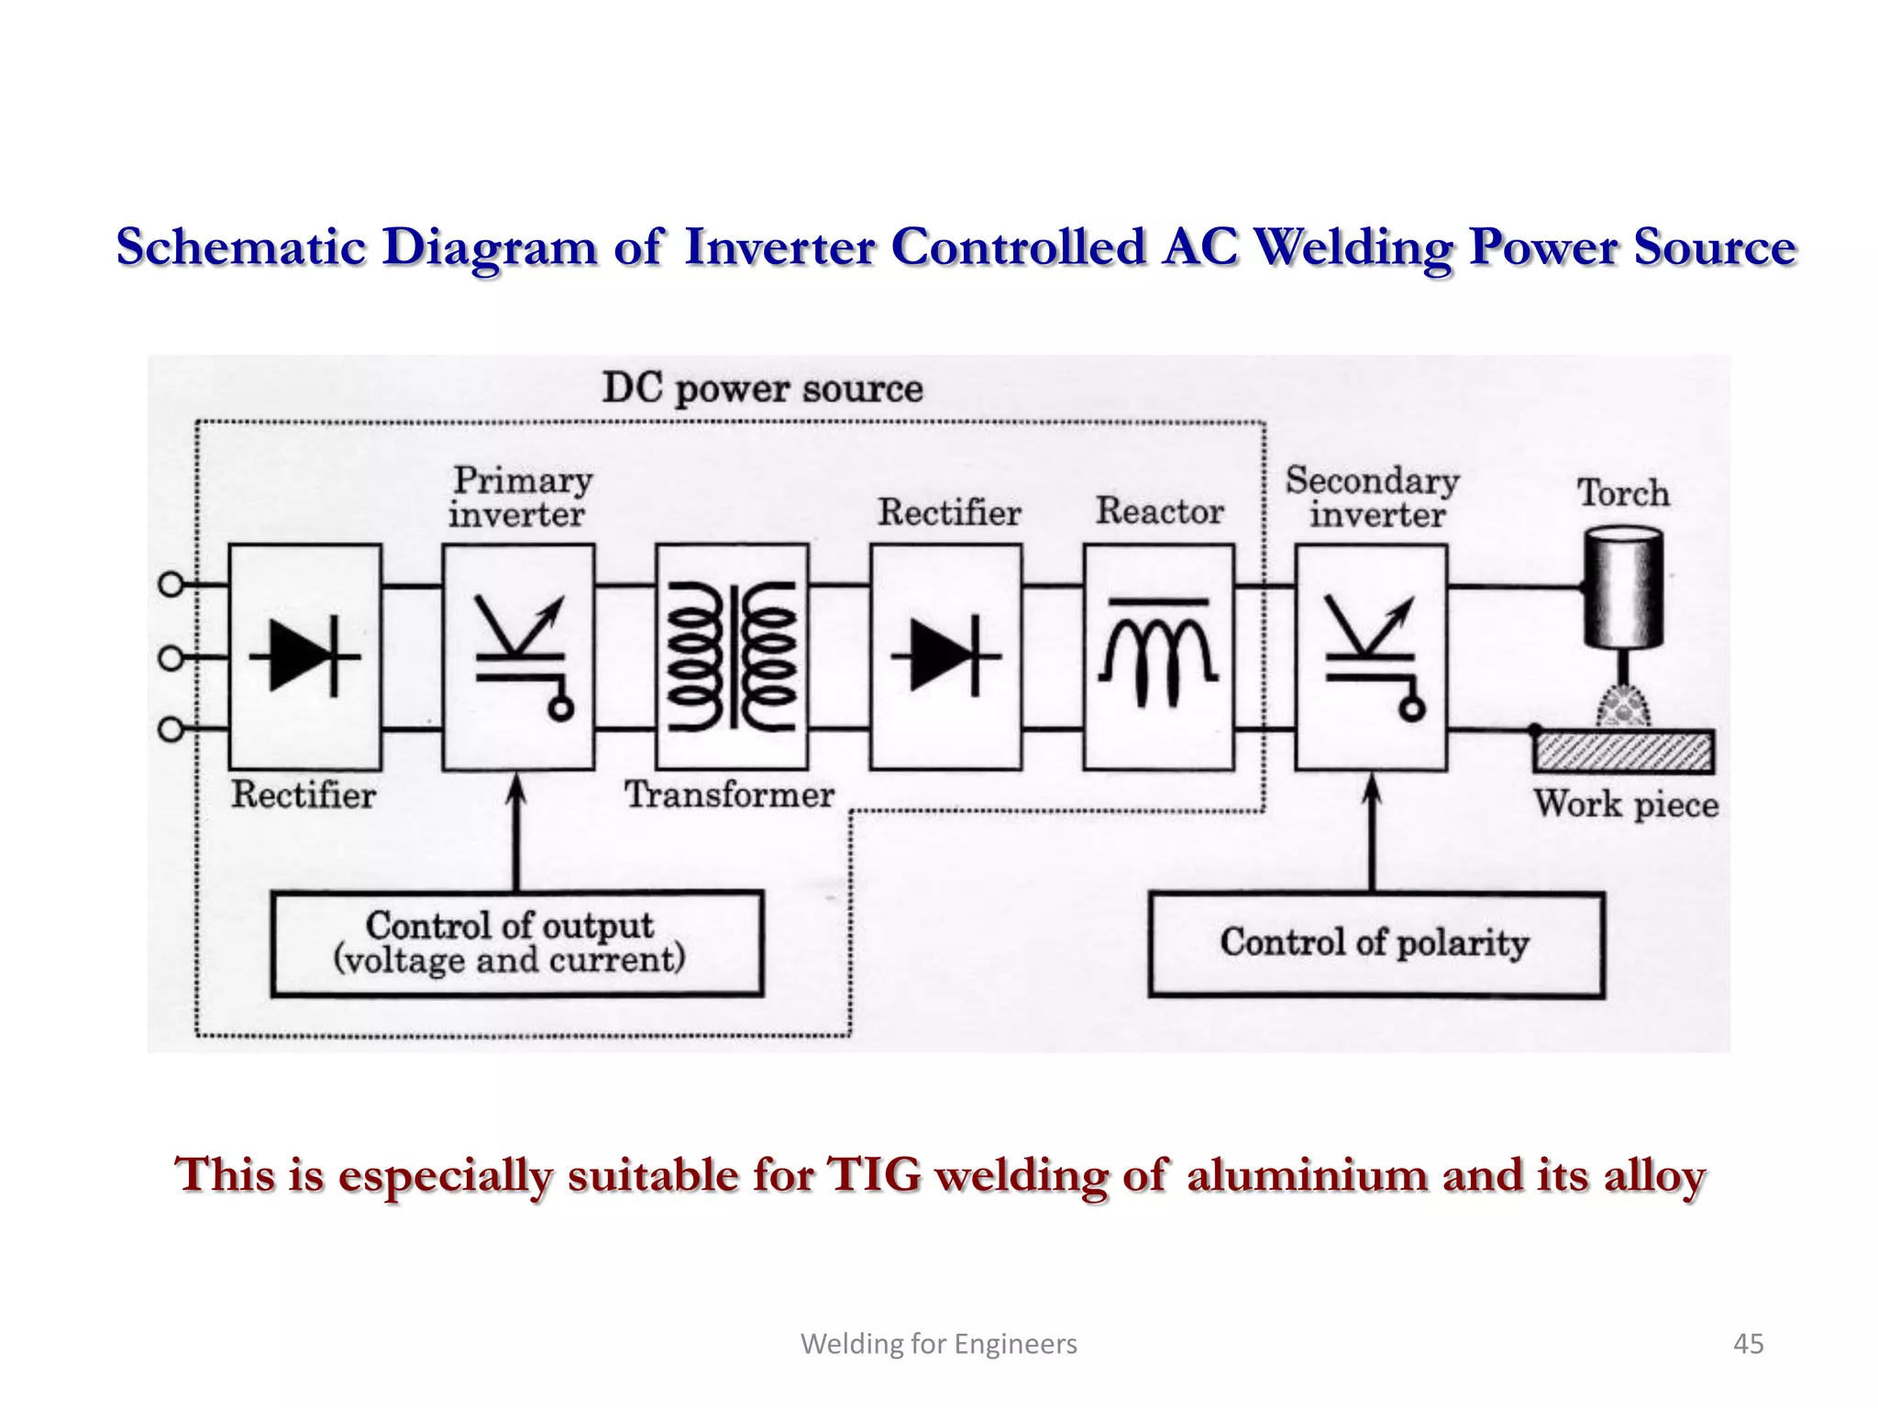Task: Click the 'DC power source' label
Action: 762,389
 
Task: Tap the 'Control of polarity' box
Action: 1375,944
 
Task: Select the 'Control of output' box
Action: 516,943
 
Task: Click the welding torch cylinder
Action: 1623,587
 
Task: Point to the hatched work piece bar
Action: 1623,753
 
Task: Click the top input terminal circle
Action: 171,585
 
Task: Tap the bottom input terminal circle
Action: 171,730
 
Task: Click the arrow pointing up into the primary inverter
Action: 516,825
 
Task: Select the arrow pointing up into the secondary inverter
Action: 1372,825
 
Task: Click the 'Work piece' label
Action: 1626,805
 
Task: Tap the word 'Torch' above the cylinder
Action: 1623,493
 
